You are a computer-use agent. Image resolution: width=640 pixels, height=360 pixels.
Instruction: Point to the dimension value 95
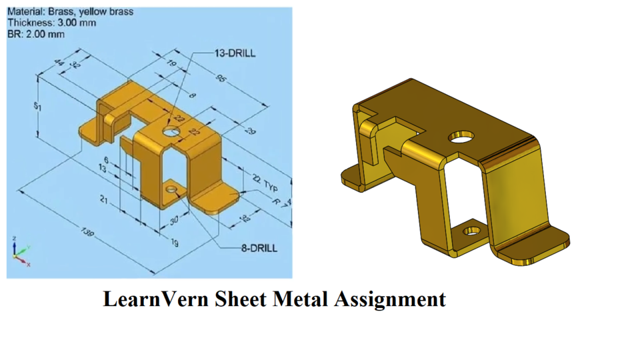[x=221, y=79]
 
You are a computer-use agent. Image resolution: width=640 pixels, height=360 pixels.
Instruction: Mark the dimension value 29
[x=250, y=131]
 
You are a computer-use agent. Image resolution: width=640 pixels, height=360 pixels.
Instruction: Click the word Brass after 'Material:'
[x=63, y=11]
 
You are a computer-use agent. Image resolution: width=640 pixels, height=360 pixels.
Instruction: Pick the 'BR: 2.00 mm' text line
[x=36, y=34]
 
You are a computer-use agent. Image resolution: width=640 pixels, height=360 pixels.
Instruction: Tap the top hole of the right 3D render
[x=461, y=137]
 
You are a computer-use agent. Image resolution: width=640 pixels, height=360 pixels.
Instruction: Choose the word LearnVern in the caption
[x=156, y=299]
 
